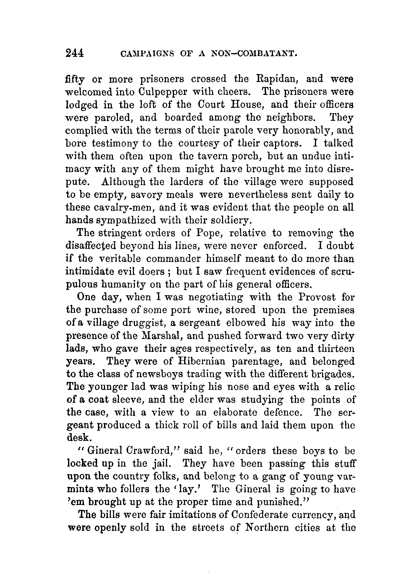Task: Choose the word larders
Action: tap(188, 182)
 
